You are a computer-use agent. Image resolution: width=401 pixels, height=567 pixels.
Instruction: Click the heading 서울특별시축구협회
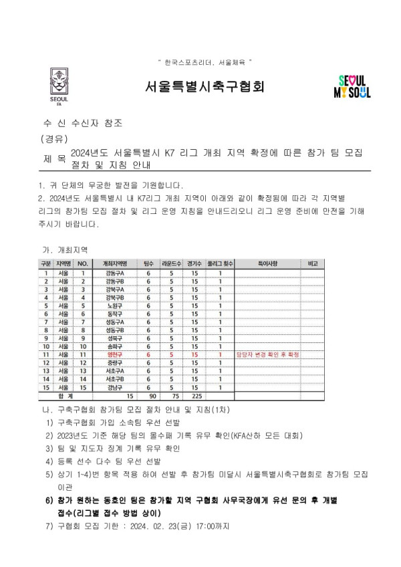[205, 86]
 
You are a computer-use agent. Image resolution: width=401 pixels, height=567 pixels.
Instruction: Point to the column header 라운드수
[172, 264]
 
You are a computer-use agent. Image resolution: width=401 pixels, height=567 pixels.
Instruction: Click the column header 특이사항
[267, 264]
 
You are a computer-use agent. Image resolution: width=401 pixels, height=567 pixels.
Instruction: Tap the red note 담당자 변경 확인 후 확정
[267, 354]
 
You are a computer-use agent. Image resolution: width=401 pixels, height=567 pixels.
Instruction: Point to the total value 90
[149, 395]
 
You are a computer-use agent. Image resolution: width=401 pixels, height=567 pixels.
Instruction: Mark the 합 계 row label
[65, 395]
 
